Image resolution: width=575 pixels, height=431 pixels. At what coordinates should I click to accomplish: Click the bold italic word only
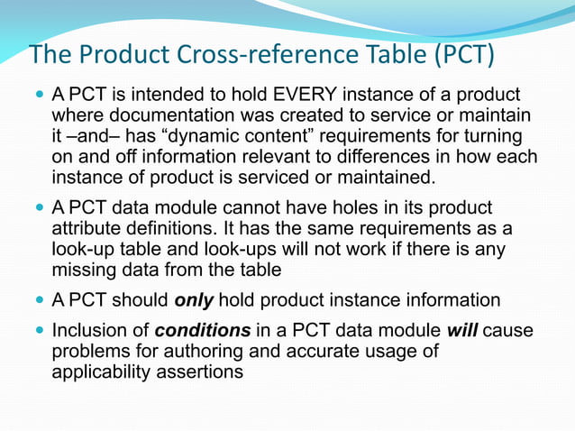coord(194,300)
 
